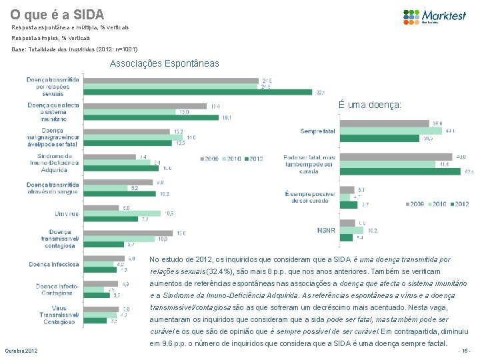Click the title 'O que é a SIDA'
pos(57,13)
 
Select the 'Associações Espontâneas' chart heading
pos(163,63)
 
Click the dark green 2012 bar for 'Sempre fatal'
pos(380,138)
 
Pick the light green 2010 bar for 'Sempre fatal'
pos(387,131)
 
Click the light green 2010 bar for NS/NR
pos(351,231)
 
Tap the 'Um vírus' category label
pos(67,213)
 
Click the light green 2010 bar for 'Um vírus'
pos(122,213)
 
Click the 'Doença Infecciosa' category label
pos(54,264)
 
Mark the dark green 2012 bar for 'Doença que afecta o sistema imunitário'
pos(151,117)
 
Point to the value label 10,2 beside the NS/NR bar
pos(373,231)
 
